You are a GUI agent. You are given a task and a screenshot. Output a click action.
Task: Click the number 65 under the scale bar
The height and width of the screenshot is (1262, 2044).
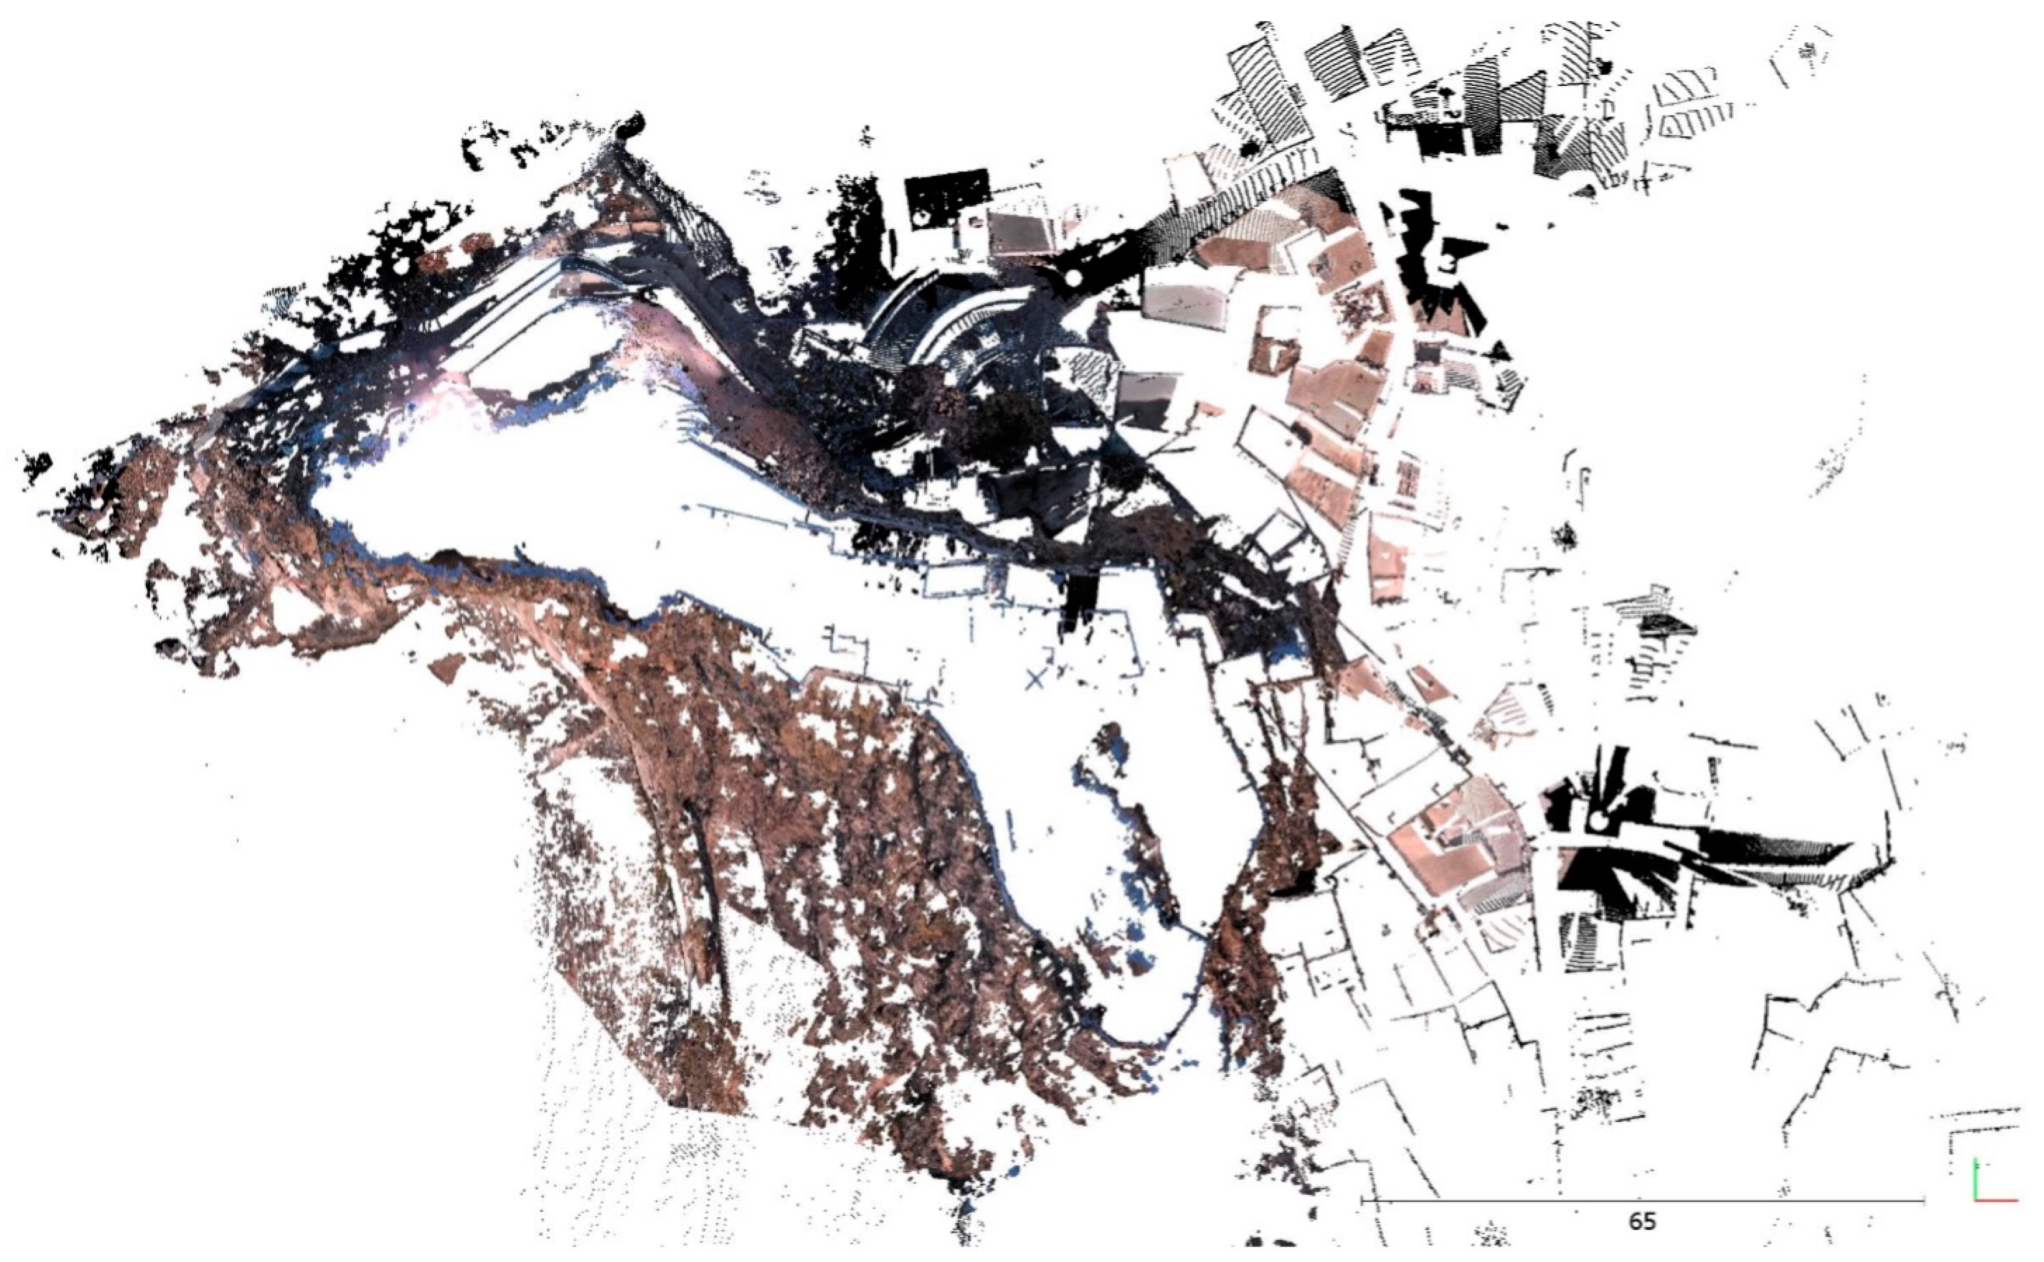tap(1642, 1221)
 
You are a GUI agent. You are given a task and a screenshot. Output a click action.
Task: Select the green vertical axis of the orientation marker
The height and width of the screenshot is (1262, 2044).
tap(1975, 1180)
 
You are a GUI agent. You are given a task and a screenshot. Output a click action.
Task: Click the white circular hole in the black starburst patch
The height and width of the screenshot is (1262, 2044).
tap(1596, 822)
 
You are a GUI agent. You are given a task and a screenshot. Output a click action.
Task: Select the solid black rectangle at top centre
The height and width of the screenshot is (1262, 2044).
tap(948, 194)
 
